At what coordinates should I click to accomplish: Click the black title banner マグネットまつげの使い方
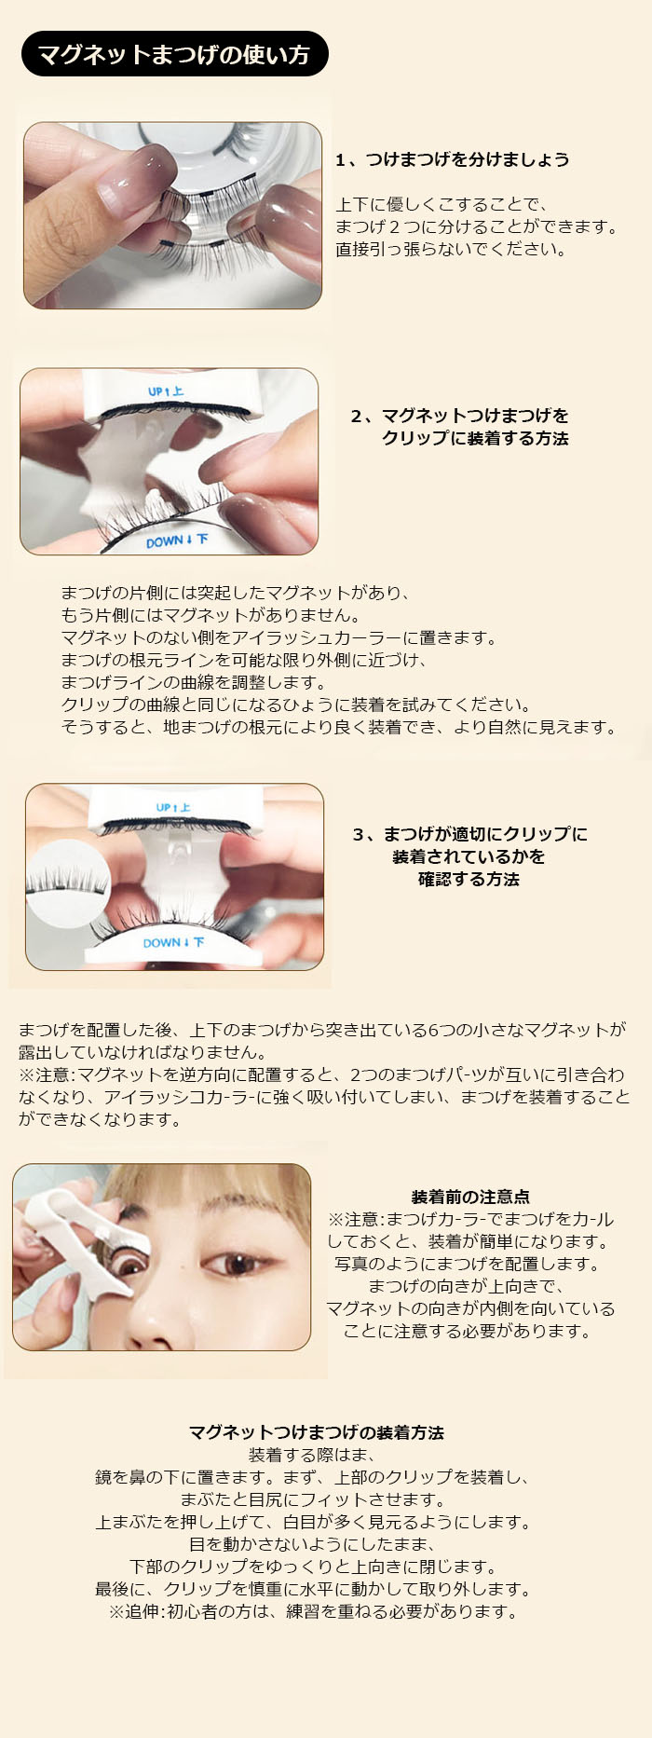coord(175,54)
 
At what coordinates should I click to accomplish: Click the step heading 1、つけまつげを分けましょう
coord(452,159)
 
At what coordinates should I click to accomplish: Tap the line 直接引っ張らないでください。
coord(452,249)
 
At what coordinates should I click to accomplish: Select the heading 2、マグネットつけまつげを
coord(459,416)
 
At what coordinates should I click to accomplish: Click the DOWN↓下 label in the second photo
coord(177,541)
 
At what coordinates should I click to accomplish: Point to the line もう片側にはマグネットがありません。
coord(211,615)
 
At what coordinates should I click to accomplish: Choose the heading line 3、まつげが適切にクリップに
coord(469,834)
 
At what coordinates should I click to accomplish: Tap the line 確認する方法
coord(469,879)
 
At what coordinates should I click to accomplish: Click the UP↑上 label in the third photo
coord(173,808)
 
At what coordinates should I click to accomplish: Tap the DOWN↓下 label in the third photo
coord(173,943)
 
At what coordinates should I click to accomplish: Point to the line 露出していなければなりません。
coord(143,1052)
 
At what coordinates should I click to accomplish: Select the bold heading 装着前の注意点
coord(470,1197)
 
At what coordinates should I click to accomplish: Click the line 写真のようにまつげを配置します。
coord(469,1264)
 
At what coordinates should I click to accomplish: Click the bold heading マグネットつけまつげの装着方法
coord(316,1432)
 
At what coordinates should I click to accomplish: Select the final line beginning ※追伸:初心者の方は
coord(313,1611)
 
